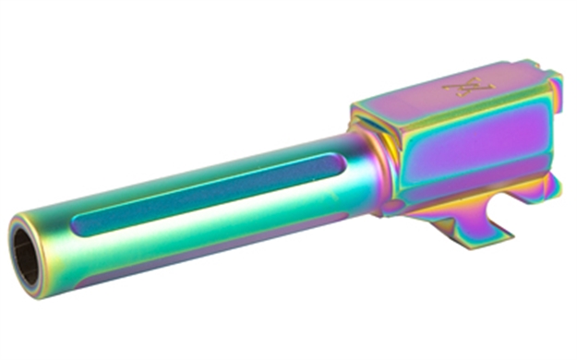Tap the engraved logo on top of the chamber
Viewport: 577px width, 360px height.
tap(468, 88)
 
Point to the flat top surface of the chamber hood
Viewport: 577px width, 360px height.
tap(443, 92)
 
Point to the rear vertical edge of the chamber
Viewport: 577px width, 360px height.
tap(559, 138)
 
